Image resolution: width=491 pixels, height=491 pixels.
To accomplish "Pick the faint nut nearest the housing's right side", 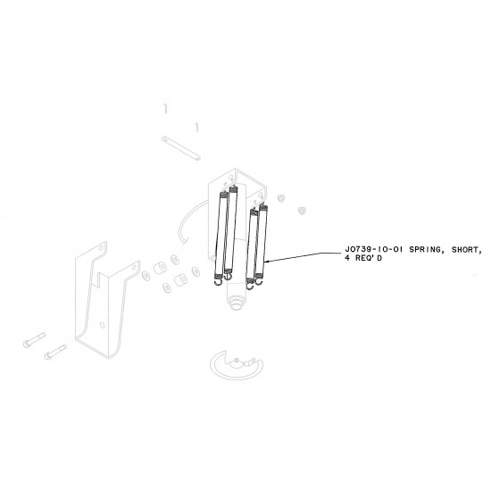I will coord(280,196).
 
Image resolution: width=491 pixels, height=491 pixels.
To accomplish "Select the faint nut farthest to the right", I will coord(301,211).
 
